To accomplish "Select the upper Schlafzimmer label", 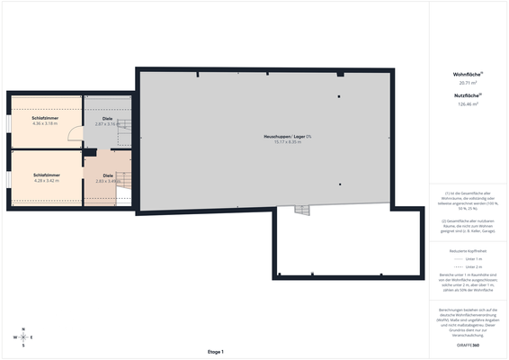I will coord(45,118).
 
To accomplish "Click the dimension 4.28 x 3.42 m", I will coord(46,180).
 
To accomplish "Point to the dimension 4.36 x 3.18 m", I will coord(45,123).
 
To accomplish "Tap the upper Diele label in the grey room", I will coord(107,118).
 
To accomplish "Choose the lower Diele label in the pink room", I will coord(108,175).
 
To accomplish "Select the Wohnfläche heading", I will coord(468,74).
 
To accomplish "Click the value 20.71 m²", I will coord(468,82).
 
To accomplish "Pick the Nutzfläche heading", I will coord(468,95).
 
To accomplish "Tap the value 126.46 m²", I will coord(468,103).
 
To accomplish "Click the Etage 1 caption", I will coord(215,351).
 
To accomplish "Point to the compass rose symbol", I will coord(23,337).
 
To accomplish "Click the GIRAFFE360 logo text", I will coord(468,345).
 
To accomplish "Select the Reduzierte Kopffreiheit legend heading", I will coord(468,249).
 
